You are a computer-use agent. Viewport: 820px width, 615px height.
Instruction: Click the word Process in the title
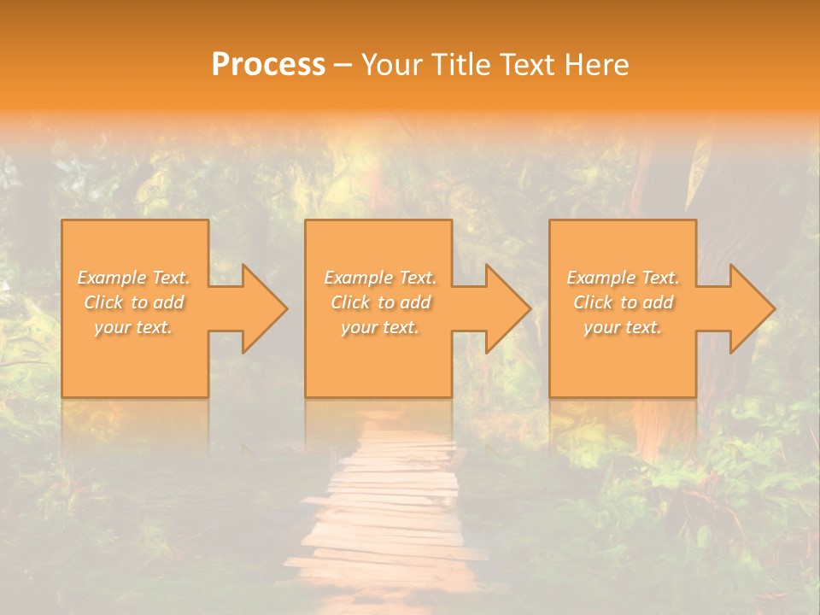click(x=268, y=65)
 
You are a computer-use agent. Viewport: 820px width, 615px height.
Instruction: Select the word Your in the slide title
click(x=393, y=65)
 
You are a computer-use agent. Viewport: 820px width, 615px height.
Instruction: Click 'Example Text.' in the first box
click(x=133, y=278)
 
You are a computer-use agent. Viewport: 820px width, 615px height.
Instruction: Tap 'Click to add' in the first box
click(x=133, y=302)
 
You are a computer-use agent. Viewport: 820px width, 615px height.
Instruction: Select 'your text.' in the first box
click(x=133, y=327)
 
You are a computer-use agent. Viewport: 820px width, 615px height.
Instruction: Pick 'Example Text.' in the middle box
click(x=380, y=278)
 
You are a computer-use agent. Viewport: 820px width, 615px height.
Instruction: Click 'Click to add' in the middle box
click(x=380, y=302)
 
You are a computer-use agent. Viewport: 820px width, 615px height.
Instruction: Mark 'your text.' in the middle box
click(x=380, y=327)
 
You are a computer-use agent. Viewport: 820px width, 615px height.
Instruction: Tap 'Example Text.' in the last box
click(x=623, y=278)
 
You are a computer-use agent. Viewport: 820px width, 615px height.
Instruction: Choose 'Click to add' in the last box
click(x=623, y=302)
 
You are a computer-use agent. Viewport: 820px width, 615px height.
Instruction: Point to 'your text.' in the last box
click(x=623, y=327)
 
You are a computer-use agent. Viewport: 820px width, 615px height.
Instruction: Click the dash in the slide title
click(x=343, y=66)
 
